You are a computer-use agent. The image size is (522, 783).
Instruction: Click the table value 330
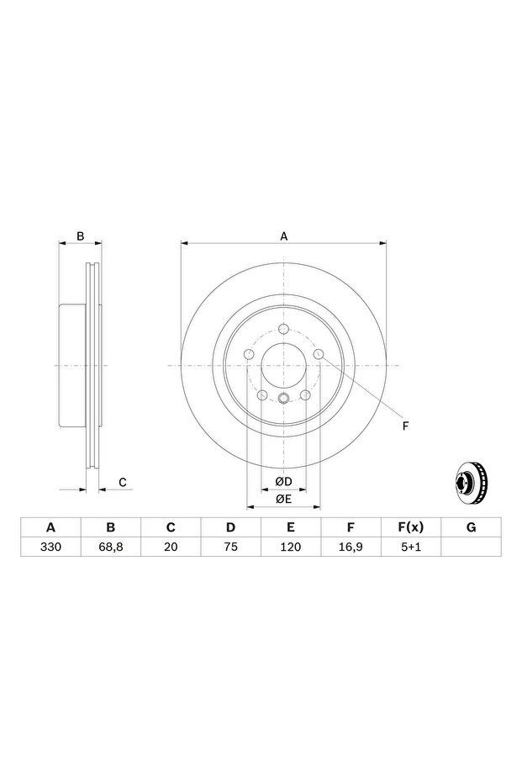[x=50, y=547]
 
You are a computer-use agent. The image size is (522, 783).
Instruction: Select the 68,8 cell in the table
[x=111, y=547]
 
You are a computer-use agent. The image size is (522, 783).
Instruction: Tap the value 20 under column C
[x=171, y=547]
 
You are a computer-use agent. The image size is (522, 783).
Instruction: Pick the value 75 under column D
[x=230, y=547]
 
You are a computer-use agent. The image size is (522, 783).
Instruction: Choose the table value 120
[x=291, y=547]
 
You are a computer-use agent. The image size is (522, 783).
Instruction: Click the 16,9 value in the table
[x=351, y=547]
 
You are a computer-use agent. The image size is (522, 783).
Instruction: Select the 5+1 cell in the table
[x=411, y=547]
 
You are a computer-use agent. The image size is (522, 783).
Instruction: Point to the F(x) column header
[x=411, y=527]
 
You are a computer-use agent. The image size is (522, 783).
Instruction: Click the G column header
[x=471, y=527]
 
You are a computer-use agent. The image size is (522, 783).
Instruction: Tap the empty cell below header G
[x=471, y=547]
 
